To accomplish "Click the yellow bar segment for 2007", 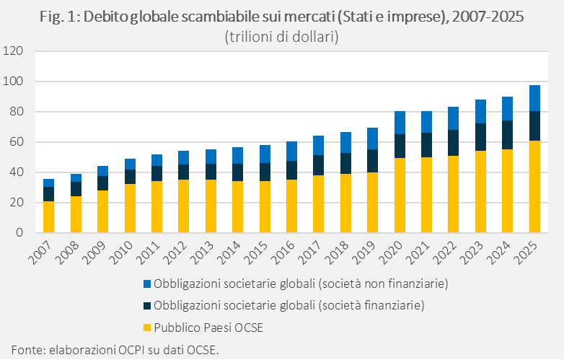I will [x=48, y=217].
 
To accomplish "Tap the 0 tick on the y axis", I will [x=19, y=233].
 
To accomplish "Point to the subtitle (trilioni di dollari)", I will [x=282, y=36].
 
